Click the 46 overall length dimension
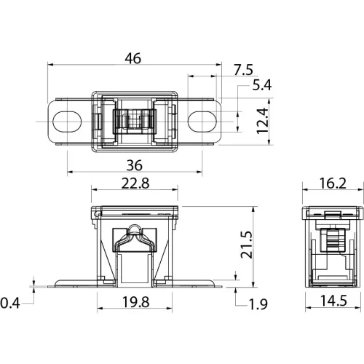[x=133, y=58]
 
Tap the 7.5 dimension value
[x=243, y=70]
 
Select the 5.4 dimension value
[x=262, y=85]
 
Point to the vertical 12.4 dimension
[x=262, y=121]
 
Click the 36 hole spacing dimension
[x=135, y=165]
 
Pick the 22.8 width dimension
[x=135, y=183]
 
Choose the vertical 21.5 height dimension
[x=247, y=245]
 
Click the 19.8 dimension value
[x=135, y=302]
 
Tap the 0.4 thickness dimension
[x=9, y=303]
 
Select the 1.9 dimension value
[x=258, y=304]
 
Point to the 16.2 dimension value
[x=333, y=183]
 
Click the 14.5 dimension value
[x=333, y=301]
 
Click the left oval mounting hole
[x=67, y=122]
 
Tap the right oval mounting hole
[x=202, y=122]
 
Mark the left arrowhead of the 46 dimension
[x=50, y=65]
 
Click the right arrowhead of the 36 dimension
[x=199, y=172]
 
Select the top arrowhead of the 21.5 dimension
[x=253, y=209]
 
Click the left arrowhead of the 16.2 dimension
[x=305, y=190]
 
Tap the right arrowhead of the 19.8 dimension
[x=170, y=309]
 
